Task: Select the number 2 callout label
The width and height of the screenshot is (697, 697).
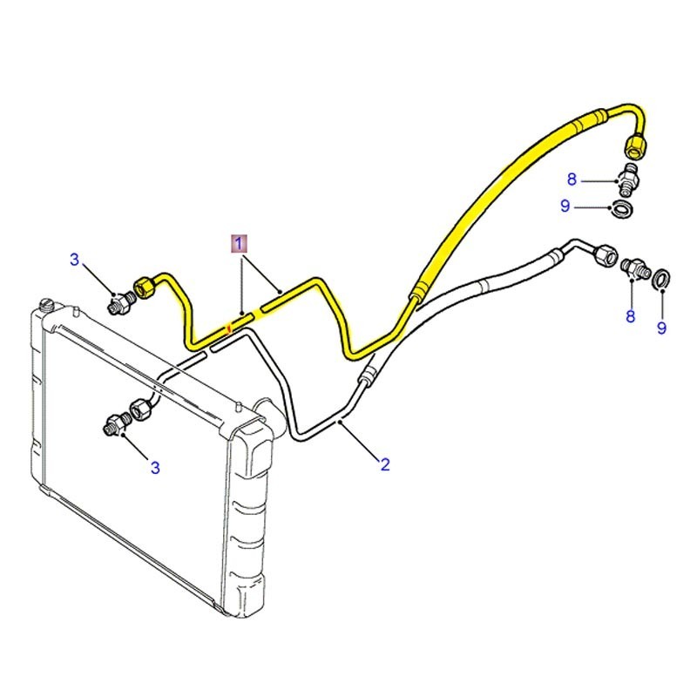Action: [384, 464]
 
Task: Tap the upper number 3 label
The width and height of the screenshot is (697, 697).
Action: [75, 259]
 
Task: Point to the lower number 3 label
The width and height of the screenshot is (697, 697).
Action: [155, 468]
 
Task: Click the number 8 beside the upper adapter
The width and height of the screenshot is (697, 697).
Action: [572, 179]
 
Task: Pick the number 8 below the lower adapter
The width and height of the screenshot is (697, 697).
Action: [630, 316]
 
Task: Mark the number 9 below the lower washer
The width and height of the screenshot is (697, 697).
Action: [661, 328]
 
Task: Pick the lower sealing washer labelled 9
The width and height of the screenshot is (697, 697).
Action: [661, 277]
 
